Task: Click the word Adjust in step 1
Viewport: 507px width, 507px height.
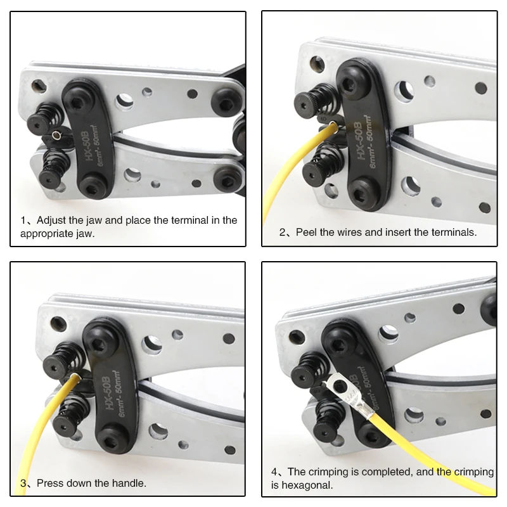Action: (51, 221)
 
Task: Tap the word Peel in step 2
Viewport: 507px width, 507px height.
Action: (308, 232)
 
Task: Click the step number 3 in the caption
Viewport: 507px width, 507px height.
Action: (23, 483)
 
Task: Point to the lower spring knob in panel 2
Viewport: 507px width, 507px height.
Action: (317, 172)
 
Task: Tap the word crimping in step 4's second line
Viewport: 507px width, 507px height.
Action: (471, 472)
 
